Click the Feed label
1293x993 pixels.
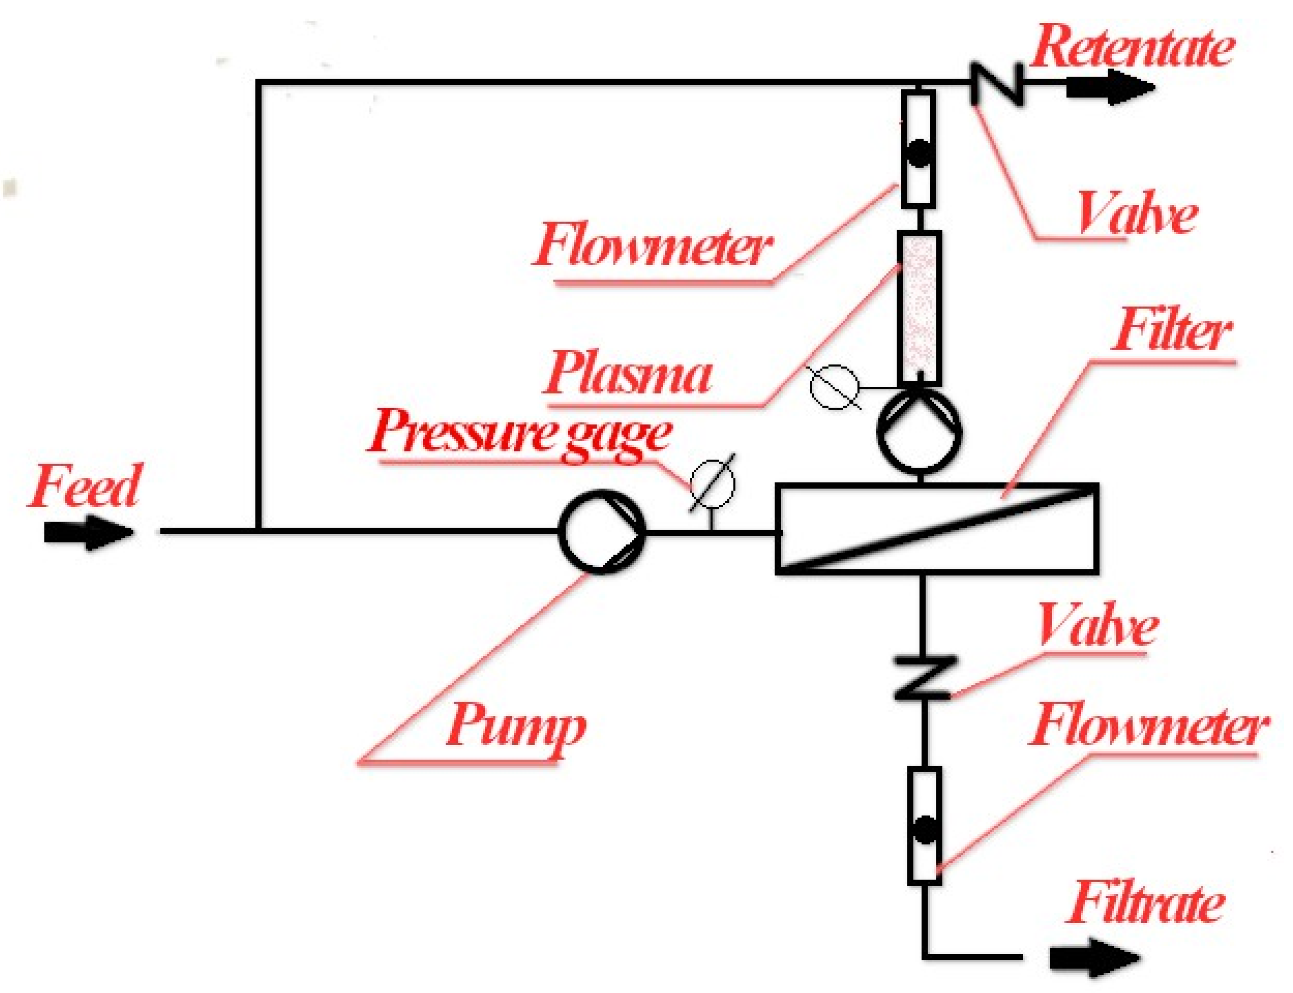click(x=84, y=486)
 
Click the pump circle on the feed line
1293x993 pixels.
click(x=602, y=531)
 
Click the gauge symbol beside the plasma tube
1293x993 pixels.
click(x=834, y=387)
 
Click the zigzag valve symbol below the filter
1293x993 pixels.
click(x=922, y=677)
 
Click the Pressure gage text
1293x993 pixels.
click(x=520, y=436)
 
